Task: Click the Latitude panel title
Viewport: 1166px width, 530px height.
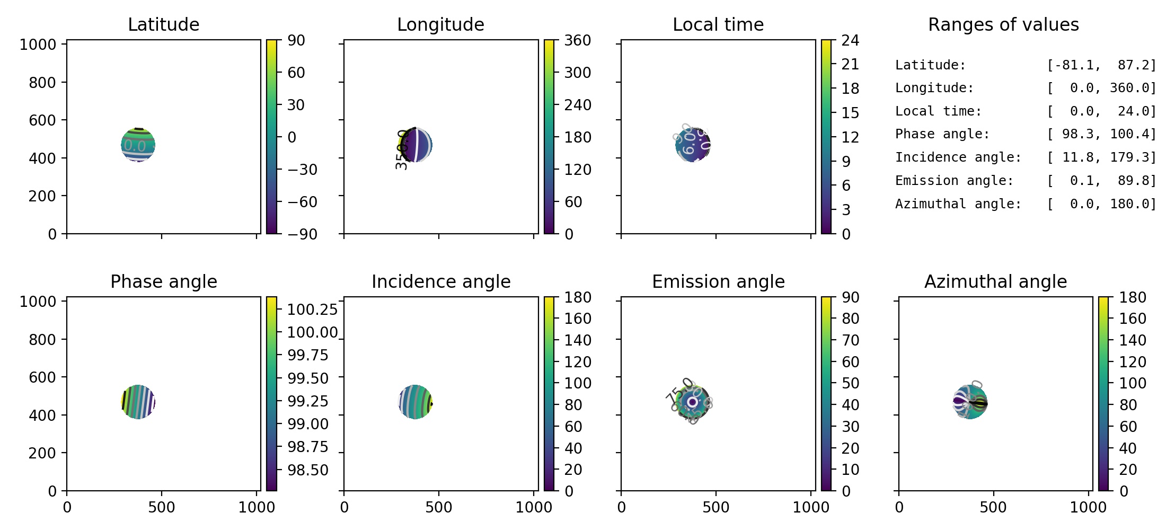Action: click(163, 24)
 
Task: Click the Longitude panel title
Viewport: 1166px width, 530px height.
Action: click(440, 24)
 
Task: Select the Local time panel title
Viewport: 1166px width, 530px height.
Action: click(718, 24)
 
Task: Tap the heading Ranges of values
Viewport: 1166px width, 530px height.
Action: click(1003, 24)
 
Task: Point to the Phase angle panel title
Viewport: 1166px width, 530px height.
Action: click(163, 281)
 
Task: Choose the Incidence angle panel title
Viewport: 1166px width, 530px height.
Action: click(441, 281)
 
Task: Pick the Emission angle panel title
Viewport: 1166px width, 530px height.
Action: click(718, 281)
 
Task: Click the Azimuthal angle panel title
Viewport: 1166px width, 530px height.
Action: click(995, 281)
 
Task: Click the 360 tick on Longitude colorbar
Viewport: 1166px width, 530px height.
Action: click(577, 40)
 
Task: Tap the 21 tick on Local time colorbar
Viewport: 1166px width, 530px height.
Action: click(850, 64)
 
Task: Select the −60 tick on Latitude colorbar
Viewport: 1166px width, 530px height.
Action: click(302, 202)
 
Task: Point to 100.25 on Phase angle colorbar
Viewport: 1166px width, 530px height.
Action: click(312, 309)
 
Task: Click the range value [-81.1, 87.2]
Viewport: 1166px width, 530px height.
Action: click(1101, 65)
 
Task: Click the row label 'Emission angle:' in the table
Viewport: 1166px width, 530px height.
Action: click(954, 181)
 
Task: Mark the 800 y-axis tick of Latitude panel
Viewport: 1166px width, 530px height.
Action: click(42, 82)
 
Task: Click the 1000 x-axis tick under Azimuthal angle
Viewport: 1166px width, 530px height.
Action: click(1088, 507)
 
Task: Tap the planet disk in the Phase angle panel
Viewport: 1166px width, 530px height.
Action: click(138, 402)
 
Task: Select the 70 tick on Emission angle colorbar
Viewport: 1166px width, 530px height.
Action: click(850, 340)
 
